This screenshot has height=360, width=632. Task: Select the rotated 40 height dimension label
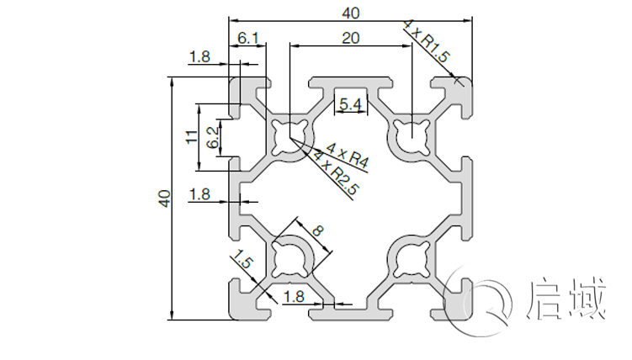click(x=165, y=199)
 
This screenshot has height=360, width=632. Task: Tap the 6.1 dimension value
click(x=249, y=38)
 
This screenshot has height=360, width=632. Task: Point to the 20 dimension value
click(x=351, y=38)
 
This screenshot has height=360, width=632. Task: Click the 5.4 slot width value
click(x=350, y=104)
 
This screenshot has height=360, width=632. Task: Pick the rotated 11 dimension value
click(x=193, y=135)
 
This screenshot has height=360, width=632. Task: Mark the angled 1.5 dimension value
click(x=243, y=262)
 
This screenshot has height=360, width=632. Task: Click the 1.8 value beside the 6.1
click(x=200, y=57)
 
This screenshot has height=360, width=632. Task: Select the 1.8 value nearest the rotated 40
click(x=199, y=194)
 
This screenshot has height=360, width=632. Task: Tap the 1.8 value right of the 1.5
click(x=294, y=296)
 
